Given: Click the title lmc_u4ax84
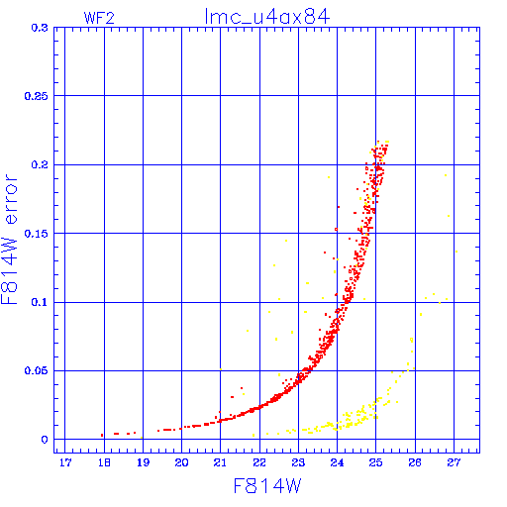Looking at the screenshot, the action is click(x=267, y=17).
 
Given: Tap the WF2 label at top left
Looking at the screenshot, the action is click(x=99, y=18).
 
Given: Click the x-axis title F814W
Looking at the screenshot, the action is click(x=267, y=486).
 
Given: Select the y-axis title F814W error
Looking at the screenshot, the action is click(x=9, y=240).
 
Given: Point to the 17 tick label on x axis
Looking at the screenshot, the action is click(x=65, y=462).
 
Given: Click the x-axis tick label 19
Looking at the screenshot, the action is click(x=143, y=462).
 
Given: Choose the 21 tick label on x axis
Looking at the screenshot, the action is click(x=220, y=462).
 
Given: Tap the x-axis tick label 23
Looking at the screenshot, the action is click(x=298, y=462).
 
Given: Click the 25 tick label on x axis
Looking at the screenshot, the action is click(x=375, y=462).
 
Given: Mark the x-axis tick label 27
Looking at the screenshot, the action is click(x=454, y=462).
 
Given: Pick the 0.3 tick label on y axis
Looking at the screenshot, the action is click(x=40, y=28).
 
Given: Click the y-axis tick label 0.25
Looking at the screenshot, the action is click(x=37, y=96).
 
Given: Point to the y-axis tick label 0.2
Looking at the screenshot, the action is click(x=40, y=164).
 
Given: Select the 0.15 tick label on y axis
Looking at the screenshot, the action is click(x=37, y=234).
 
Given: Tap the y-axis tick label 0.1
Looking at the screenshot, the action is click(x=40, y=302).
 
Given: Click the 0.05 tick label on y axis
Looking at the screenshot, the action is click(x=37, y=370).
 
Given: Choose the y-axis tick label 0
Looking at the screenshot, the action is click(x=45, y=440).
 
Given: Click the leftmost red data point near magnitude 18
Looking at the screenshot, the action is click(x=102, y=436).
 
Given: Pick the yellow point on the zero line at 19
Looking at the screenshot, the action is click(x=142, y=438).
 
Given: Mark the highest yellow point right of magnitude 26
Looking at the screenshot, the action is click(x=446, y=175).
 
